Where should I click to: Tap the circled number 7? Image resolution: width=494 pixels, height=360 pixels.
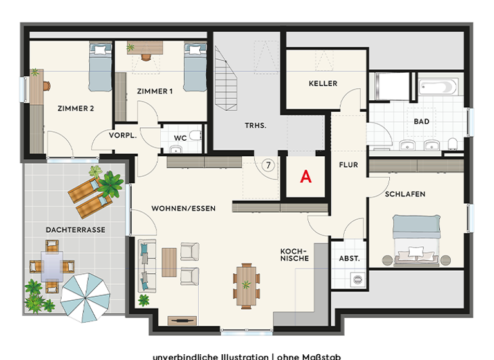269,165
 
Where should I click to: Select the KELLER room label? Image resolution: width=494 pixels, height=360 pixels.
323,84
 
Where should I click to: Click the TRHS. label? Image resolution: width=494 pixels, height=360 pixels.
255,126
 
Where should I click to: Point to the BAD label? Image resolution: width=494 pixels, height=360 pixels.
422,122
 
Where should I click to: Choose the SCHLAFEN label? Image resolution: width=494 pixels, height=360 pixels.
405,194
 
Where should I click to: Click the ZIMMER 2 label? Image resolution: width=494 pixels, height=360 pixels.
75,109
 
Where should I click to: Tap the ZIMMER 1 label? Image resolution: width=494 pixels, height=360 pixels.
154,92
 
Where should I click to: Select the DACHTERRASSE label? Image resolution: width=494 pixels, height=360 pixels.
75,230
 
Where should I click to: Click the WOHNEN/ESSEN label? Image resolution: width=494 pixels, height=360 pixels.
183,209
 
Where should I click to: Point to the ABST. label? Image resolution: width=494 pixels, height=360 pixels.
349,258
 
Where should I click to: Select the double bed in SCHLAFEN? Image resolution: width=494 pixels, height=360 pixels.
417,240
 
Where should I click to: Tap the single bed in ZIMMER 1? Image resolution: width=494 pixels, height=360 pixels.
194,67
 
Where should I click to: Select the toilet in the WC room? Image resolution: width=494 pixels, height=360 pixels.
197,136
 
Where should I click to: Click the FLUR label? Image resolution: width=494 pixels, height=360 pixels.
348,165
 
